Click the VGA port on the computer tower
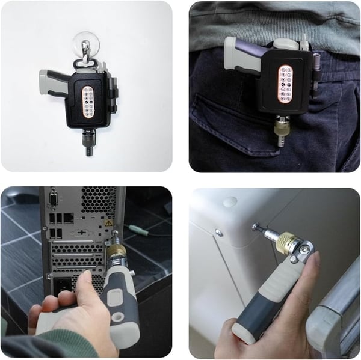click(x=54, y=198)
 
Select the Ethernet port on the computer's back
click(x=69, y=218)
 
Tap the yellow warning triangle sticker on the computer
click(x=108, y=223)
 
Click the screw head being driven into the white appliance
click(x=255, y=227)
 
